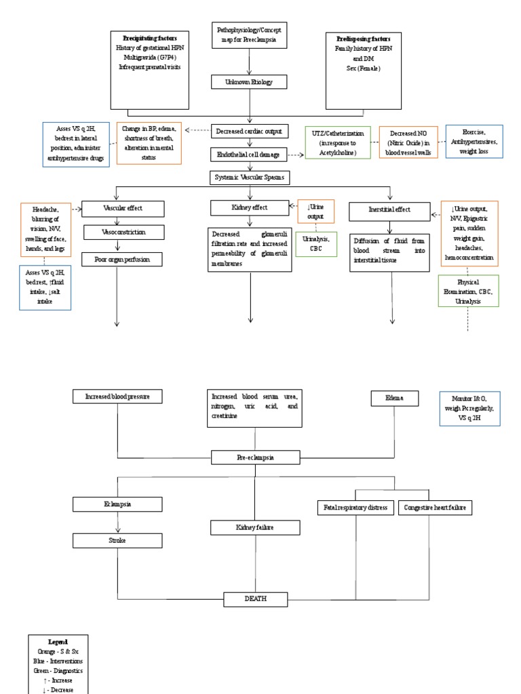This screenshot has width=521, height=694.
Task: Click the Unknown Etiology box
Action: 251,82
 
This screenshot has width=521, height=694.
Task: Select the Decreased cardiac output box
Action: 251,131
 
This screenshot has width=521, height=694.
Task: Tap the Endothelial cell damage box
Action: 251,155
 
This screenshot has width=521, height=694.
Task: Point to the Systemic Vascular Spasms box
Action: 251,178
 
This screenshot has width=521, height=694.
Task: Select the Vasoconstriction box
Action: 123,232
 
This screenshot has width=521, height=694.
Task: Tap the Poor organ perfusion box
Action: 123,258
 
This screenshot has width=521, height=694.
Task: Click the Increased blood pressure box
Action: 118,396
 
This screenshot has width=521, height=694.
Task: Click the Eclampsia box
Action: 118,504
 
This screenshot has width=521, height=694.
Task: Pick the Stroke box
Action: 118,540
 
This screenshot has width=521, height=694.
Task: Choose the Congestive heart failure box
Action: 434,507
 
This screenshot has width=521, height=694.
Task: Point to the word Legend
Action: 58,641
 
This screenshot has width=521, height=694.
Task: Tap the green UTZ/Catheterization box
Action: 337,142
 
